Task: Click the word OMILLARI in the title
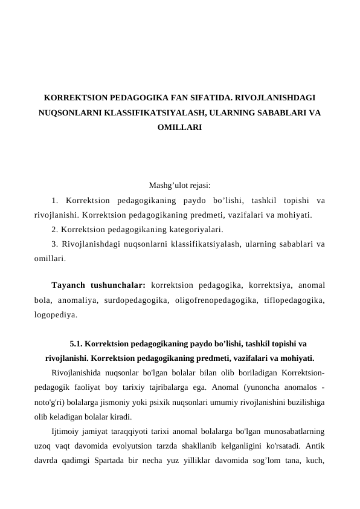point(179,128)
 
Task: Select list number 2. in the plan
point(56,230)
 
